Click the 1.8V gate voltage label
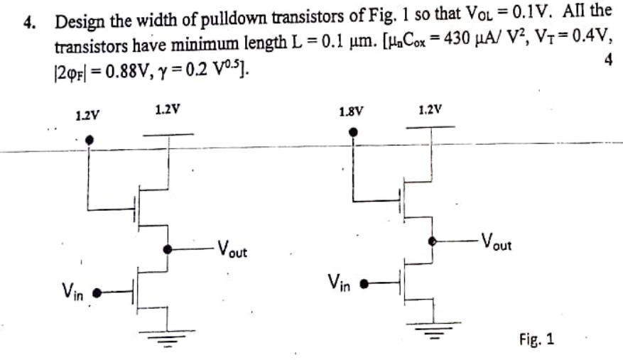[352, 111]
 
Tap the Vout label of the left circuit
[232, 249]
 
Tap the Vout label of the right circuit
[496, 241]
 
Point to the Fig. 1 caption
[536, 339]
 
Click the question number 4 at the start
[27, 22]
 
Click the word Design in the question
[76, 22]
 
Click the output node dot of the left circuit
[168, 249]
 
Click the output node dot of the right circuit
[432, 241]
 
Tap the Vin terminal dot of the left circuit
[98, 291]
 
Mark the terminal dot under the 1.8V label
[353, 131]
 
